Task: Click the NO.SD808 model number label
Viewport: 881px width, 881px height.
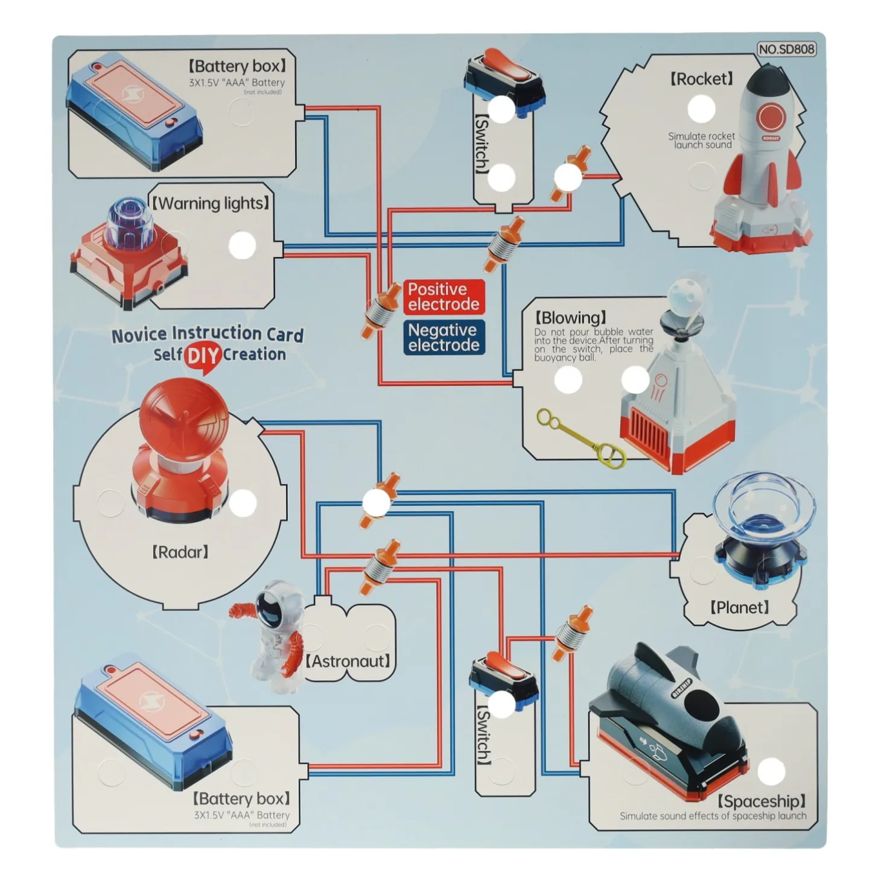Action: pyautogui.click(x=786, y=49)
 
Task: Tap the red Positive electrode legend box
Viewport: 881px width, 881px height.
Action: pyautogui.click(x=444, y=297)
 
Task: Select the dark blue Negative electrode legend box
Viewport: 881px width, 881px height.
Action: pyautogui.click(x=444, y=338)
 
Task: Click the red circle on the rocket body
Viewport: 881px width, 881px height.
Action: pyautogui.click(x=771, y=117)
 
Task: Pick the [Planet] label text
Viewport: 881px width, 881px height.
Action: pyautogui.click(x=739, y=607)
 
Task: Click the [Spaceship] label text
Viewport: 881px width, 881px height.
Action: pyautogui.click(x=761, y=801)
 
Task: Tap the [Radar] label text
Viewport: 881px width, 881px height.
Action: pyautogui.click(x=180, y=552)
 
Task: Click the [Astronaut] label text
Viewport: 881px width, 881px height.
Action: pyautogui.click(x=348, y=661)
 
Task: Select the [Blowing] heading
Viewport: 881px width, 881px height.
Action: pyautogui.click(x=571, y=318)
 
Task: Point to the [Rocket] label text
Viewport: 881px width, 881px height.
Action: pyautogui.click(x=701, y=79)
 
